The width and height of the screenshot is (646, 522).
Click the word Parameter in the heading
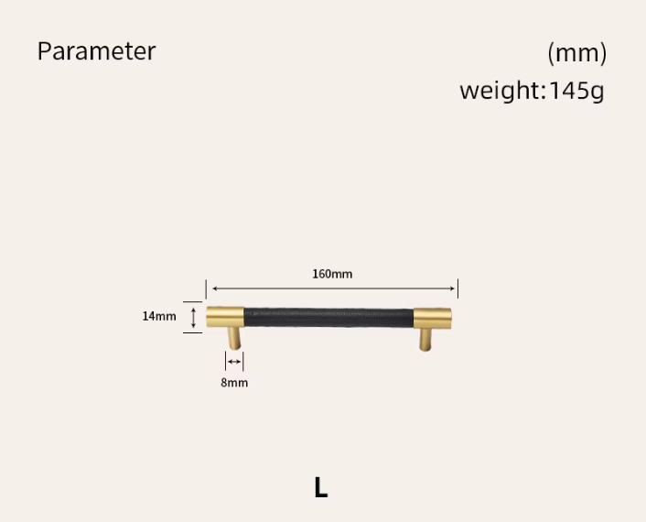click(96, 51)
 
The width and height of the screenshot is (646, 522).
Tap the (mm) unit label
click(576, 53)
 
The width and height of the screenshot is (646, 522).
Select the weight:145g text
click(532, 91)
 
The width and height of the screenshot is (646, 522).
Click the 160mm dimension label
click(332, 274)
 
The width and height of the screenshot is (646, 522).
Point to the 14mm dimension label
click(159, 316)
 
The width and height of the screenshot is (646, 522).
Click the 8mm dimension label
click(234, 383)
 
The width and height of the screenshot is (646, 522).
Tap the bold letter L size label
click(321, 487)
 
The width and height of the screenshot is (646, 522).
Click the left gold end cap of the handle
click(225, 317)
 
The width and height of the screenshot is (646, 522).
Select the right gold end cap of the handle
click(432, 318)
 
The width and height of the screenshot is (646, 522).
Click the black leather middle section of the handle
click(328, 318)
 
